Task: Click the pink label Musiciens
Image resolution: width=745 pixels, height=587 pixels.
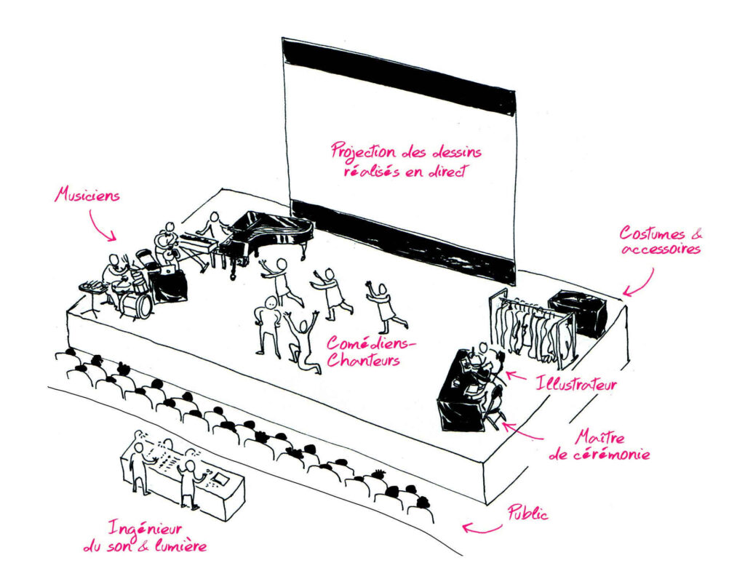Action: (x=88, y=196)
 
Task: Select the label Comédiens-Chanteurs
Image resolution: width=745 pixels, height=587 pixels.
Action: (x=362, y=351)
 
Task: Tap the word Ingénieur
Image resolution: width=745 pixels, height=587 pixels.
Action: (x=146, y=528)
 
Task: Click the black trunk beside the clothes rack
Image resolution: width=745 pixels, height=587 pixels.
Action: (x=578, y=312)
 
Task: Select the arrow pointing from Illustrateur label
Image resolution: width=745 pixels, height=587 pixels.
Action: (x=515, y=377)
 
